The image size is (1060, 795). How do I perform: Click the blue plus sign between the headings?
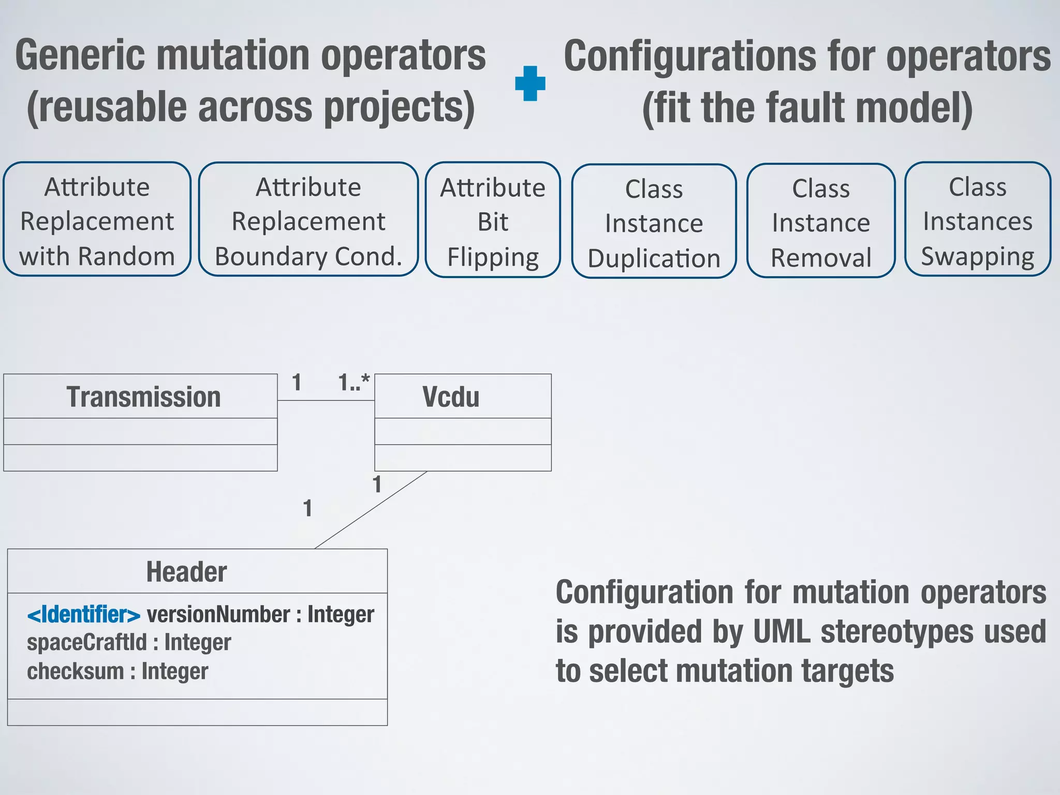pos(530,83)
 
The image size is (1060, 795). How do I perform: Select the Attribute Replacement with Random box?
pos(97,219)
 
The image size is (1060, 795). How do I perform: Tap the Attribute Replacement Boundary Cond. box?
pos(308,219)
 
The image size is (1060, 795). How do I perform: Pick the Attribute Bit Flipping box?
pos(492,220)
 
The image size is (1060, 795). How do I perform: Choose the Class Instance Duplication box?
pos(654,222)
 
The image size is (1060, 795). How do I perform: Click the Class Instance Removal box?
pos(820,221)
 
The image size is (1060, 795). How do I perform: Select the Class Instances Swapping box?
pos(977,219)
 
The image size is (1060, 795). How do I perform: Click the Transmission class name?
pos(143,397)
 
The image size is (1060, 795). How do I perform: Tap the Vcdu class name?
pos(450,397)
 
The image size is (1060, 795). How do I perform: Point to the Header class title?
pos(186,572)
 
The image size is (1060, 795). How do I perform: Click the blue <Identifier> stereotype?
pos(84,615)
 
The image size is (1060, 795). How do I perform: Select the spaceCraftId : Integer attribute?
pos(129,642)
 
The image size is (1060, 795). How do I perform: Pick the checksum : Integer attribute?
pos(117,671)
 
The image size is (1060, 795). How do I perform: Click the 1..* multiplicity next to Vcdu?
pos(354,383)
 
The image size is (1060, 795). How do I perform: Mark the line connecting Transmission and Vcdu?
pos(326,400)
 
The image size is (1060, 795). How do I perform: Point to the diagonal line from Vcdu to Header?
pos(371,510)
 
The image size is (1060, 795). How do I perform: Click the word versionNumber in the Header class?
pos(218,614)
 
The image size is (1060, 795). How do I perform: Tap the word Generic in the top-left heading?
pos(80,55)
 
